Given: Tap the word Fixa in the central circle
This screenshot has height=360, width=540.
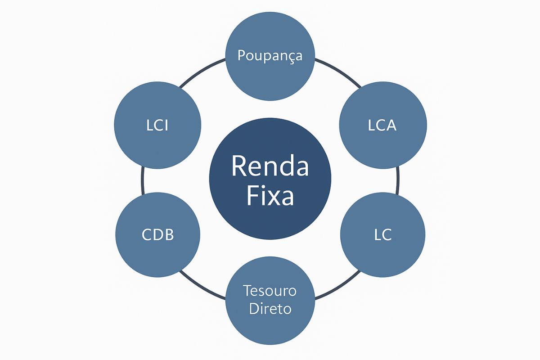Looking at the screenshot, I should pyautogui.click(x=270, y=196).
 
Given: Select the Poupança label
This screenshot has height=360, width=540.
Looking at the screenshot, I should pyautogui.click(x=270, y=57).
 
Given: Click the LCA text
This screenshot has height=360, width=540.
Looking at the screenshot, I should pyautogui.click(x=382, y=126).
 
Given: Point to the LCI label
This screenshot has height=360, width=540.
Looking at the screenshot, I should pyautogui.click(x=157, y=126).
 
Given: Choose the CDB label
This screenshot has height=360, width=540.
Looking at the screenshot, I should pyautogui.click(x=157, y=234).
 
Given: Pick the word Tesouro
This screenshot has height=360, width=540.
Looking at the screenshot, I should pyautogui.click(x=270, y=291).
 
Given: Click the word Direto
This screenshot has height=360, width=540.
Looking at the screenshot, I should pyautogui.click(x=270, y=310).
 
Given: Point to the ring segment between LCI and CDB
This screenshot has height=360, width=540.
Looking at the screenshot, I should pyautogui.click(x=142, y=180).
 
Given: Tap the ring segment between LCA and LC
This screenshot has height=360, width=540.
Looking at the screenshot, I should pyautogui.click(x=398, y=180).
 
